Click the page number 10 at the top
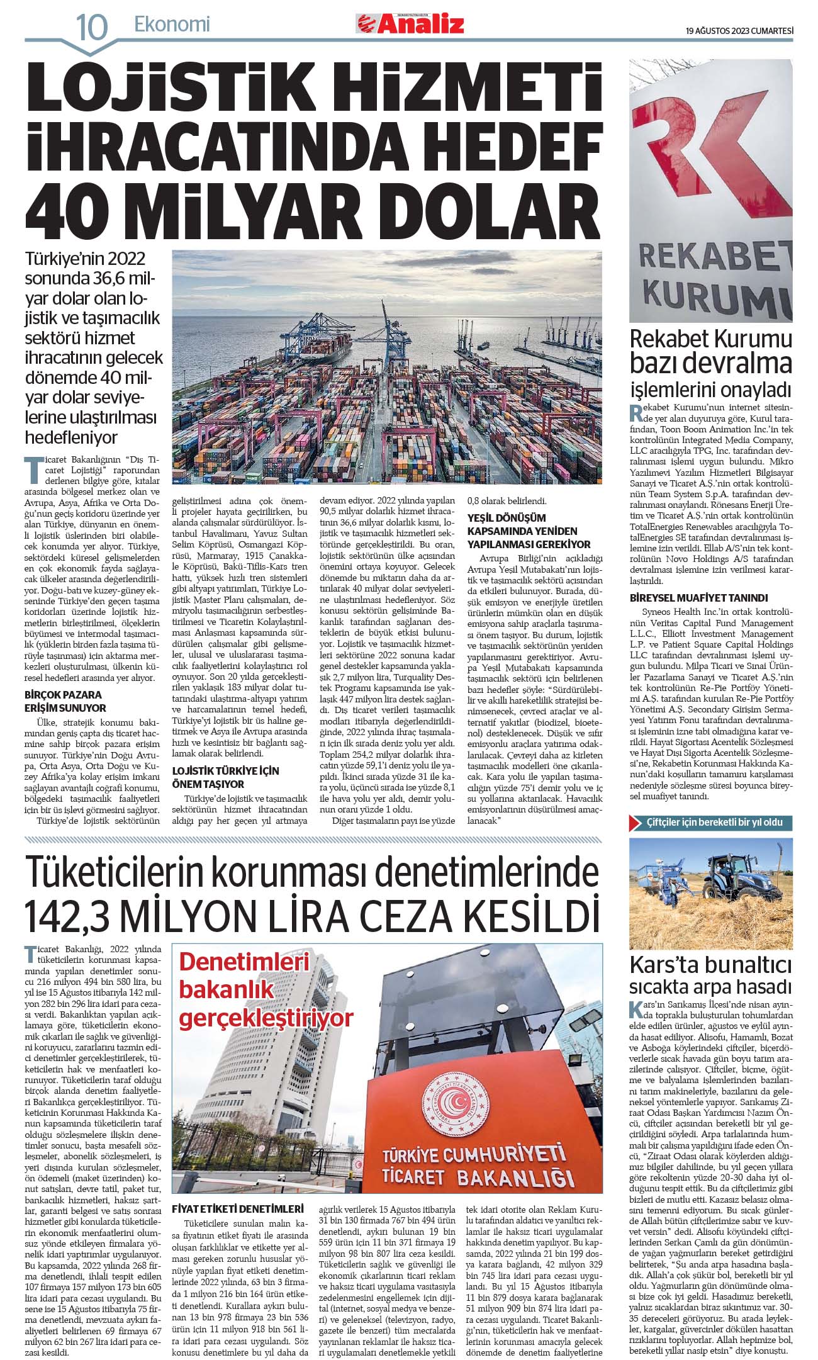pyautogui.click(x=92, y=27)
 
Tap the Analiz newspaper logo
pyautogui.click(x=410, y=24)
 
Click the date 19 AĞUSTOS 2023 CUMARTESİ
pyautogui.click(x=739, y=30)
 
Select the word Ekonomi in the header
pyautogui.click(x=172, y=25)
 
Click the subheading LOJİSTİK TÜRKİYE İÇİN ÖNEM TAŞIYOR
pyautogui.click(x=225, y=777)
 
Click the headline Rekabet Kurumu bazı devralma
pyautogui.click(x=710, y=351)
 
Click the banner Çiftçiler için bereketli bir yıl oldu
pyautogui.click(x=710, y=823)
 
